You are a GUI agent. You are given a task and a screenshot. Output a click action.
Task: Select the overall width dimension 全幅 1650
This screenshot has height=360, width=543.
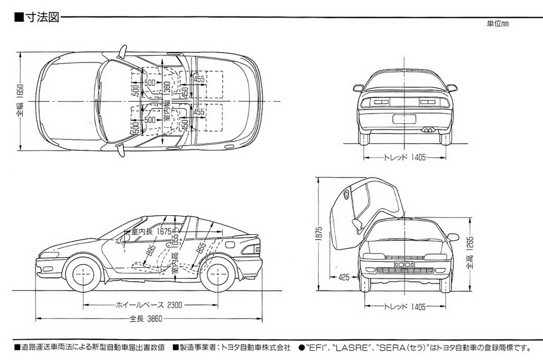point(20,101)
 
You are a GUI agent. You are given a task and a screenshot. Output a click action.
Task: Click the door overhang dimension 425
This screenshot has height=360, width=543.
point(344,277)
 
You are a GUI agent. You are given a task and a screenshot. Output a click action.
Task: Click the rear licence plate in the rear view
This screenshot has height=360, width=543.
point(404,119)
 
